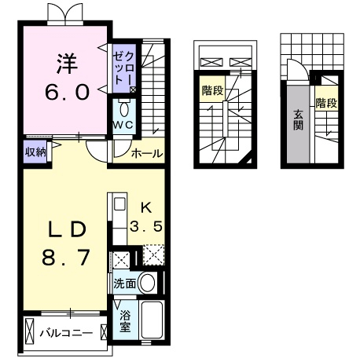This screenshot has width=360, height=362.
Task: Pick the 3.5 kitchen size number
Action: pos(145,226)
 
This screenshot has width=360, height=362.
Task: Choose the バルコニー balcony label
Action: pos(68,332)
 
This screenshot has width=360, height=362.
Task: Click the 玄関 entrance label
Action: pos(300,122)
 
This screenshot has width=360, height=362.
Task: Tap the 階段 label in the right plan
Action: pos(326,103)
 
